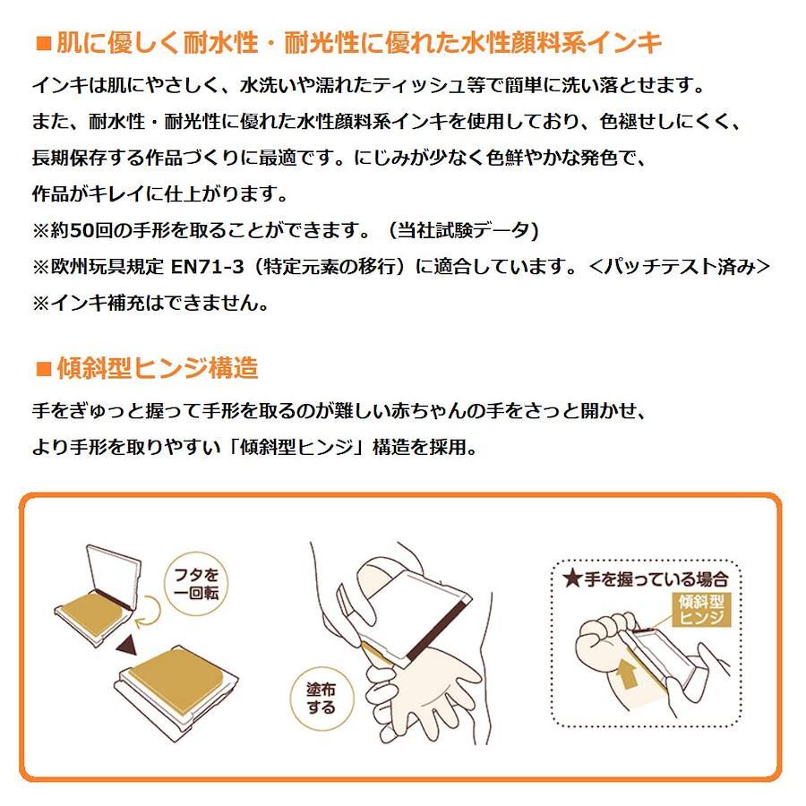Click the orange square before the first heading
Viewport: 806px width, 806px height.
point(44,43)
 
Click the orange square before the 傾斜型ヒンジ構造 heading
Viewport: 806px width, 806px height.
point(44,369)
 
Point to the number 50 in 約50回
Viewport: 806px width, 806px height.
point(81,230)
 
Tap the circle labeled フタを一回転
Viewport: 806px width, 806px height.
point(196,585)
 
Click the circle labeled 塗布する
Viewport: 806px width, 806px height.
point(322,698)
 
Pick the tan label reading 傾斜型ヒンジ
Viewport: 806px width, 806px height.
point(701,610)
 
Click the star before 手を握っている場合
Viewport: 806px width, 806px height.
point(571,579)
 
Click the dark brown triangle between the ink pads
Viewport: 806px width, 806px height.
point(127,645)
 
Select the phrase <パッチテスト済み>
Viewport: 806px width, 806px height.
point(680,267)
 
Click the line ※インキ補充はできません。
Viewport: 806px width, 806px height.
point(150,304)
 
